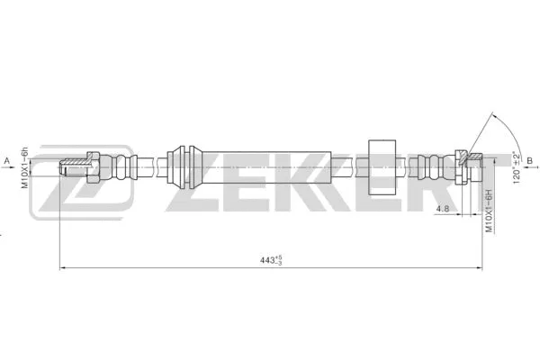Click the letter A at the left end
[x=8, y=161]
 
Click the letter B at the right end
[x=530, y=161]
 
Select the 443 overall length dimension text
[x=267, y=261]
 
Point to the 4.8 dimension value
[x=442, y=210]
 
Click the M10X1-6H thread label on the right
[x=489, y=212]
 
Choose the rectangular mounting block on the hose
[x=383, y=167]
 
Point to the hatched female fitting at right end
[x=468, y=166]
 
